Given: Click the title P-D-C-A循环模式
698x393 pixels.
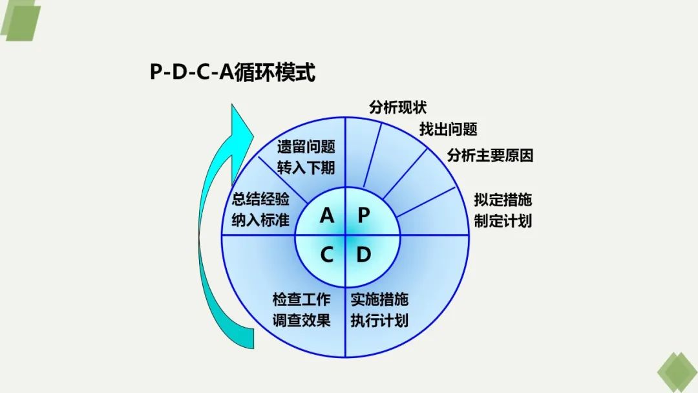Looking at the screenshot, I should tap(233, 72).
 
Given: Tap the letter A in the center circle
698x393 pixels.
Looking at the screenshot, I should tap(327, 215).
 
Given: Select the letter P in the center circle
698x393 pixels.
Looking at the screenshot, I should tap(364, 215).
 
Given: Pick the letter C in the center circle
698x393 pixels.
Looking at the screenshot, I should tap(327, 255).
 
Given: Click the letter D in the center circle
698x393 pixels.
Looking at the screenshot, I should tap(364, 255).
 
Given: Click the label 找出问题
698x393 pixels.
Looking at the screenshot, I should tap(449, 129).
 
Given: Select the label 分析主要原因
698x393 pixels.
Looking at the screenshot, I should tap(490, 156).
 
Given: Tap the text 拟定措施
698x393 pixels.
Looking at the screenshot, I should tap(503, 199).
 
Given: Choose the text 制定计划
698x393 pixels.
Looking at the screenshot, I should tap(503, 220).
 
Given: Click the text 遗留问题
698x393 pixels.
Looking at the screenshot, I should tap(306, 147).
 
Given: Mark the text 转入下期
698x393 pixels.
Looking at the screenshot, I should tap(306, 168).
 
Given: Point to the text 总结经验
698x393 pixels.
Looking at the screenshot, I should tap(260, 198).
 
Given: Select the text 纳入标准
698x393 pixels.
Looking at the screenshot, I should tap(260, 220).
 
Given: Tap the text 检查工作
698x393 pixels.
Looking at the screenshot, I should tap(302, 299).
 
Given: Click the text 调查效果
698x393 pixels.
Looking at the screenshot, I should tap(302, 321).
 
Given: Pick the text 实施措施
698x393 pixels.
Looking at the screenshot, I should tap(379, 299).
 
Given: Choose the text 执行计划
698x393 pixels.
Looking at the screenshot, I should tap(379, 321).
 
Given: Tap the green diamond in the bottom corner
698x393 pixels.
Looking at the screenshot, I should tap(677, 372).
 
